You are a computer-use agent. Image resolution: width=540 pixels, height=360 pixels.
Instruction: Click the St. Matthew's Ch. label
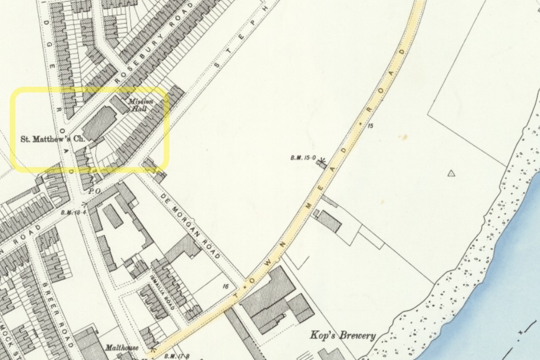pos(52,138)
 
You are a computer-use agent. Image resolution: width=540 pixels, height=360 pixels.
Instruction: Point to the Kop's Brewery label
pos(342,335)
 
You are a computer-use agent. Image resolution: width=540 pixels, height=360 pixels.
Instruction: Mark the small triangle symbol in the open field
pos(452,173)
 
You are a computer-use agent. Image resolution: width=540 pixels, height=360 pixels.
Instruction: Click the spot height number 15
pos(370,126)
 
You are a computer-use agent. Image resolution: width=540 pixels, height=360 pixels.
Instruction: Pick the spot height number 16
pos(226,286)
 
